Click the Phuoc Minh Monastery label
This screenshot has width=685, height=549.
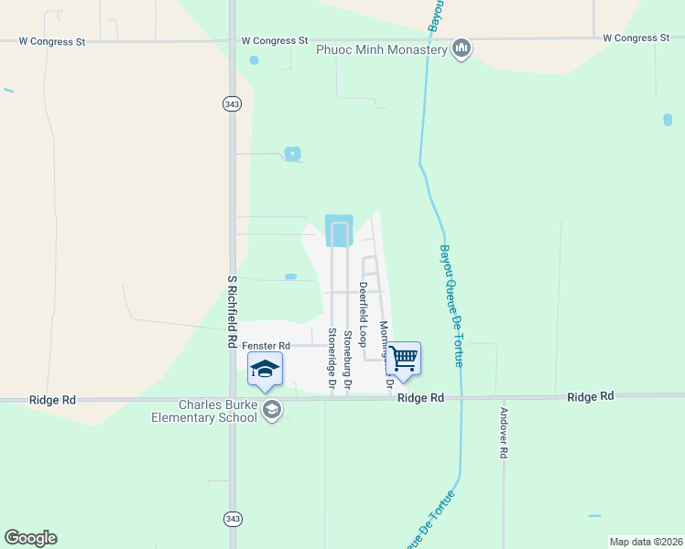pos(381,49)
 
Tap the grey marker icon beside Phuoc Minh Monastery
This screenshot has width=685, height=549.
pos(462,48)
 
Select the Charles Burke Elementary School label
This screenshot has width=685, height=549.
pos(205,411)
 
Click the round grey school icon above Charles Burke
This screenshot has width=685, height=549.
pos(271,411)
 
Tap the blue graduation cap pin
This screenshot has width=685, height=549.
pos(265,370)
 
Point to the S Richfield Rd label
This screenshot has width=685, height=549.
pos(233,311)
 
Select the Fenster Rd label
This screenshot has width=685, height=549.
pos(266,345)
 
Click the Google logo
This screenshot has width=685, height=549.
pos(30,538)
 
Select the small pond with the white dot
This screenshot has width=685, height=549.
pos(292,154)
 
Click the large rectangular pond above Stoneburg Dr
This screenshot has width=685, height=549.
pos(339,231)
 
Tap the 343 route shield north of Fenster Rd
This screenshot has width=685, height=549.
pos(231,104)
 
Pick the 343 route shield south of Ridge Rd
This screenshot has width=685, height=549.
pos(231,519)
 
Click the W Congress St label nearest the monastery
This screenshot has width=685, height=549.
pos(275,40)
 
